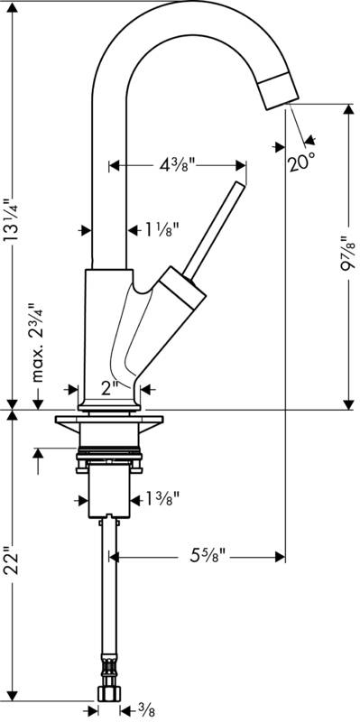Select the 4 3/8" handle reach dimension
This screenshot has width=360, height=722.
click(x=178, y=164)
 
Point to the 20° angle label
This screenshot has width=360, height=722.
click(x=302, y=162)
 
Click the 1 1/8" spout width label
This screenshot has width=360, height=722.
click(x=162, y=229)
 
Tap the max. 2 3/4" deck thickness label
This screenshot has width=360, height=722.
click(x=38, y=342)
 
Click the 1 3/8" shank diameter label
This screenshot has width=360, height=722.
click(x=162, y=498)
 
